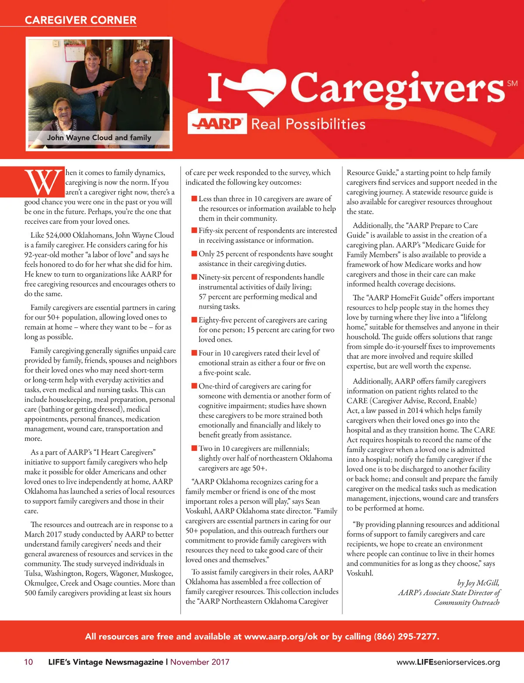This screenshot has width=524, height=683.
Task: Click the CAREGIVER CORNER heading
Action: [x=80, y=20]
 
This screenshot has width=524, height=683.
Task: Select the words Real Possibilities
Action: [x=308, y=124]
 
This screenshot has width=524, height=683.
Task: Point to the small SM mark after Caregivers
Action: [x=512, y=83]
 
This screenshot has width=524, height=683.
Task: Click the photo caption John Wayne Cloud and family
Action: [x=99, y=138]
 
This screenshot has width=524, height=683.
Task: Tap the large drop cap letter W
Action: [x=44, y=182]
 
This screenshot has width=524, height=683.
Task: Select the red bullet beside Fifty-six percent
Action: [x=194, y=230]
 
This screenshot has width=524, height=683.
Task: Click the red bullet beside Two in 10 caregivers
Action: [x=194, y=448]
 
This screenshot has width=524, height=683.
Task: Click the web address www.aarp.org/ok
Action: [x=281, y=636]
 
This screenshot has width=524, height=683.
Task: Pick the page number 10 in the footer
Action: [x=28, y=662]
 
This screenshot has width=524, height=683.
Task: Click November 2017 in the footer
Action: [x=200, y=662]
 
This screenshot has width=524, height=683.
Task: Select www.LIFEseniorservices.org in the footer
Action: [x=448, y=662]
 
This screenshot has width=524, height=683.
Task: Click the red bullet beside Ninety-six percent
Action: [x=194, y=277]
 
